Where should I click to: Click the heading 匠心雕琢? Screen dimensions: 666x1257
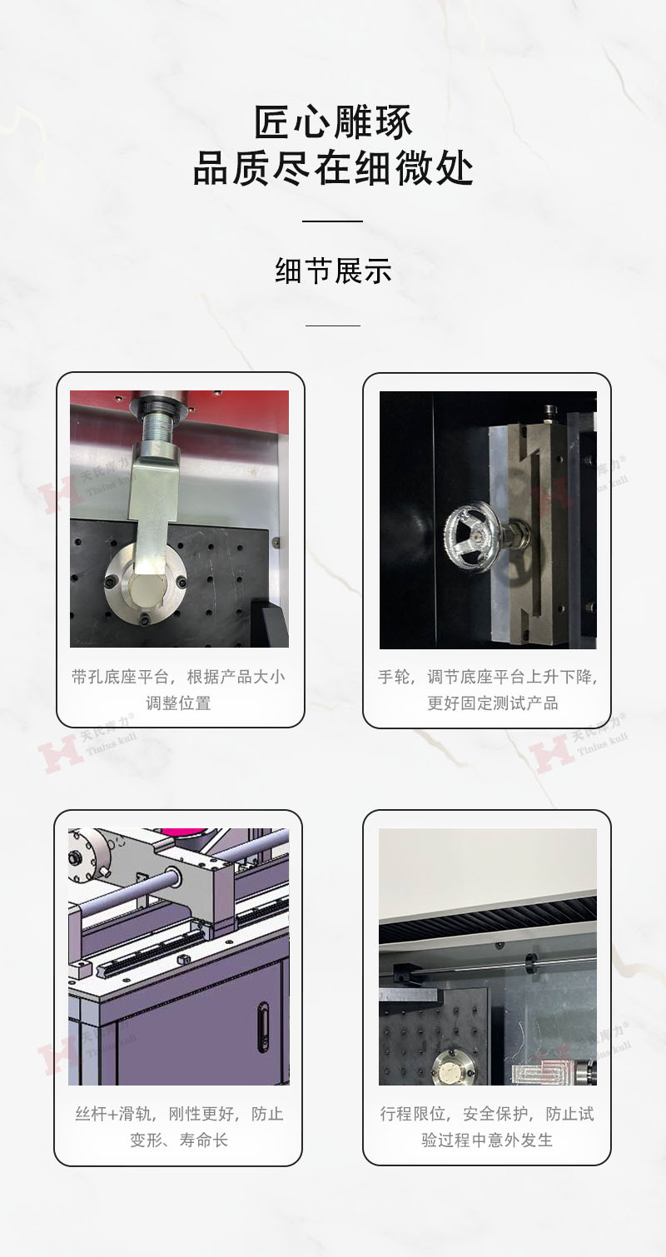[x=333, y=122]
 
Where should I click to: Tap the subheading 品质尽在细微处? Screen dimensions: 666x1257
[x=333, y=168]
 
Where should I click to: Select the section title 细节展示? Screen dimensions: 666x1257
[x=333, y=271]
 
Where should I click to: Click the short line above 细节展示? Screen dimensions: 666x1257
[x=333, y=221]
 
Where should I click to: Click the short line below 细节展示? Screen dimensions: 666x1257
[x=333, y=325]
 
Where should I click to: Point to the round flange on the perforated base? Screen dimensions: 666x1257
[x=146, y=584]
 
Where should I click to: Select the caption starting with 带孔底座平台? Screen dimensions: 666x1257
[x=178, y=689]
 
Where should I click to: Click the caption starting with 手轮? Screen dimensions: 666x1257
[x=488, y=689]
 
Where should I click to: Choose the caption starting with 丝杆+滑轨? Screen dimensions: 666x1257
[x=179, y=1126]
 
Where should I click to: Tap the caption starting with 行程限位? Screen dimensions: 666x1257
[x=487, y=1126]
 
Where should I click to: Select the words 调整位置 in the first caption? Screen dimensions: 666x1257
[x=178, y=703]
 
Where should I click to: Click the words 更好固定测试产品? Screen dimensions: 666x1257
[x=493, y=703]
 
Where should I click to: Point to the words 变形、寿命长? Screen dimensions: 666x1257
[x=179, y=1140]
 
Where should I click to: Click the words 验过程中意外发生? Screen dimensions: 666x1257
[x=487, y=1140]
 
